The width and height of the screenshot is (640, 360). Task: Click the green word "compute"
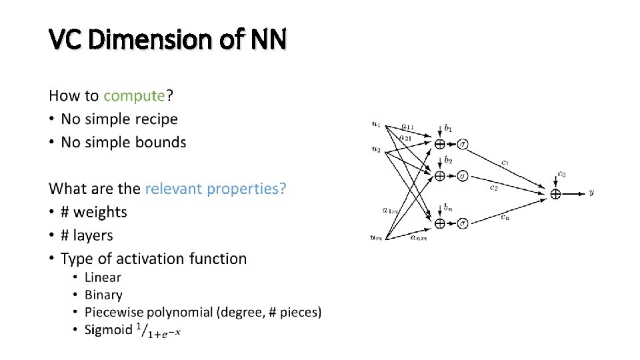134,96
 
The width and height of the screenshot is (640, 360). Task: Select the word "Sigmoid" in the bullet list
109,329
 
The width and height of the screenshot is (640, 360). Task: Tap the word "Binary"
103,295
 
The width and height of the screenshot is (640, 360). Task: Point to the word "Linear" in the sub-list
103,277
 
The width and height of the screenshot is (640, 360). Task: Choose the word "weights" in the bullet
100,212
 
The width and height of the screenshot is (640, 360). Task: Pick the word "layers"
93,235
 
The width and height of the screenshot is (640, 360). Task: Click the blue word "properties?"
249,189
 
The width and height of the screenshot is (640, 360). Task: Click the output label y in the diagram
591,193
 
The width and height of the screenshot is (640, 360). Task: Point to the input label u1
376,123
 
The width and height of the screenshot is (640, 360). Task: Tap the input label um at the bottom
377,237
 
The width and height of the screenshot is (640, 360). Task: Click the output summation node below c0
555,193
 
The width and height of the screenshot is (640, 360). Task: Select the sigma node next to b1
463,144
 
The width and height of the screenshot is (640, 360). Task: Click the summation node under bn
439,223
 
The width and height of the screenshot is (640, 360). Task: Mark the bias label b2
448,160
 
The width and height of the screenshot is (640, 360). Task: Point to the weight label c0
563,175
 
